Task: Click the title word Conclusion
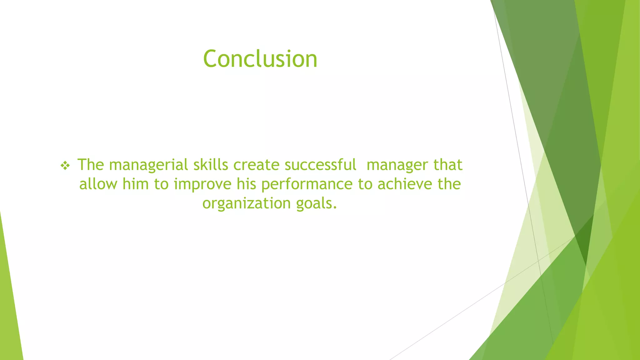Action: (260, 59)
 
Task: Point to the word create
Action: (256, 165)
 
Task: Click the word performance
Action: (307, 184)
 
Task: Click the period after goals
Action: (335, 207)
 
